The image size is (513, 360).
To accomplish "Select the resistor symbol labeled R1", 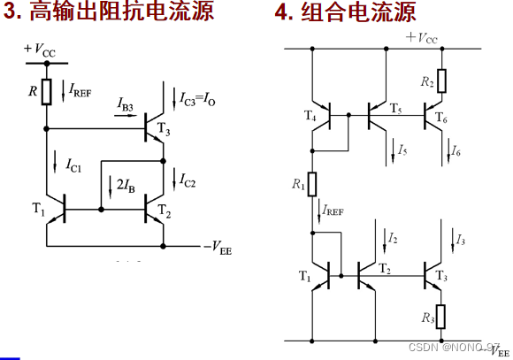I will point(312,182).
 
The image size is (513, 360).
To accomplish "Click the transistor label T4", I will point(310,116).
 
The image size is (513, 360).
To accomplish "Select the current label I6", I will point(456,151).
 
